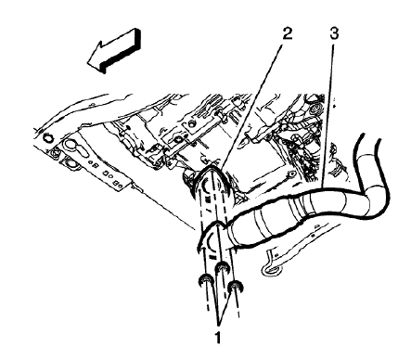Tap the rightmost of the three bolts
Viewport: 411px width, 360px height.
point(236,287)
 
